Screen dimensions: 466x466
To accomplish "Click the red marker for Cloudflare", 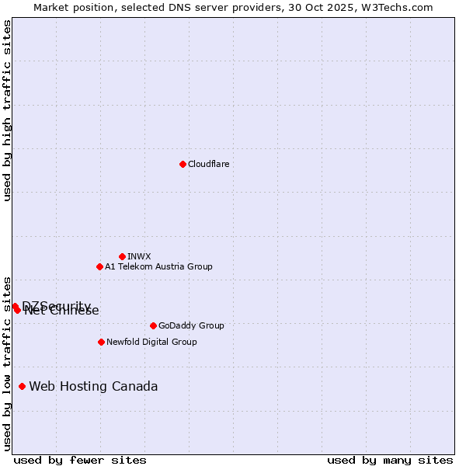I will click(183, 164).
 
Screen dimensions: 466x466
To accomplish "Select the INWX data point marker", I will click(122, 256).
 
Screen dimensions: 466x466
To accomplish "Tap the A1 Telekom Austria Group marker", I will click(99, 266).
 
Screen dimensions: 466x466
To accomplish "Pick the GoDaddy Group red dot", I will click(153, 325).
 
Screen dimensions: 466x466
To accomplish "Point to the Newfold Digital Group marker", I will click(101, 342).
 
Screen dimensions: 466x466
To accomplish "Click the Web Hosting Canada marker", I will click(22, 386).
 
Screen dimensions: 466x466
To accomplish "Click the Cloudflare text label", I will click(208, 164).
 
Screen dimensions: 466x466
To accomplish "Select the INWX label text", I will click(139, 256).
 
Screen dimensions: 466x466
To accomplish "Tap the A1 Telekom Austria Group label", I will click(158, 266).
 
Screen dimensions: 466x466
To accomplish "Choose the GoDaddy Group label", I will click(190, 325).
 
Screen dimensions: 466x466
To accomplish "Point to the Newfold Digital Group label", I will click(151, 342).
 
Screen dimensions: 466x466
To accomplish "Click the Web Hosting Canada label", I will click(93, 386).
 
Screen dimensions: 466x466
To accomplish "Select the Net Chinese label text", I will click(62, 311).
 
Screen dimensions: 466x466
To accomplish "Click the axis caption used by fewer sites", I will click(80, 460).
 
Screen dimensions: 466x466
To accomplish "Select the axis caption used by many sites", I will click(390, 460).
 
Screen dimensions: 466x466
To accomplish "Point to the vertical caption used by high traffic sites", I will click(7, 110).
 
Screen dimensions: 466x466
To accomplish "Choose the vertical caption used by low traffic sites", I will click(7, 363).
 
